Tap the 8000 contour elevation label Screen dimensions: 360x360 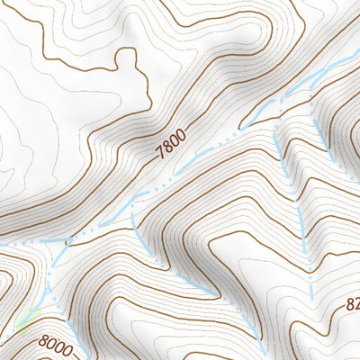57,344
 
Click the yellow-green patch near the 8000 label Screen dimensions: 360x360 27,317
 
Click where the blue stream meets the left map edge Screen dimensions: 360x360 2,245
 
